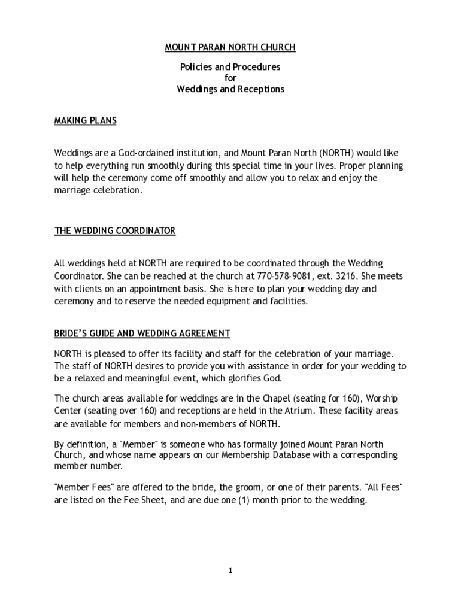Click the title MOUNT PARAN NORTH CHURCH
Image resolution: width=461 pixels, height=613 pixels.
click(230, 47)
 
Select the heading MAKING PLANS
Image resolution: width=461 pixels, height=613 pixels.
click(85, 121)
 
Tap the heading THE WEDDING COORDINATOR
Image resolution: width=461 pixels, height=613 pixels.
click(115, 231)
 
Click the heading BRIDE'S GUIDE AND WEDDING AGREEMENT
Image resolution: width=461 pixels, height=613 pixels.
click(142, 333)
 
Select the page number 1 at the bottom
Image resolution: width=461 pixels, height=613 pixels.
click(230, 570)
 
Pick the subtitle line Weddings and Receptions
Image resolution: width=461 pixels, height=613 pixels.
click(230, 89)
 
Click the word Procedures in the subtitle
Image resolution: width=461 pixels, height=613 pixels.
click(255, 67)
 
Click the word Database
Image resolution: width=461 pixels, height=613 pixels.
click(231, 455)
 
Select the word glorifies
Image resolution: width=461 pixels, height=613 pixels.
click(237, 378)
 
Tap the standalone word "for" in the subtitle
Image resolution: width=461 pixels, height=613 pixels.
click(230, 78)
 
